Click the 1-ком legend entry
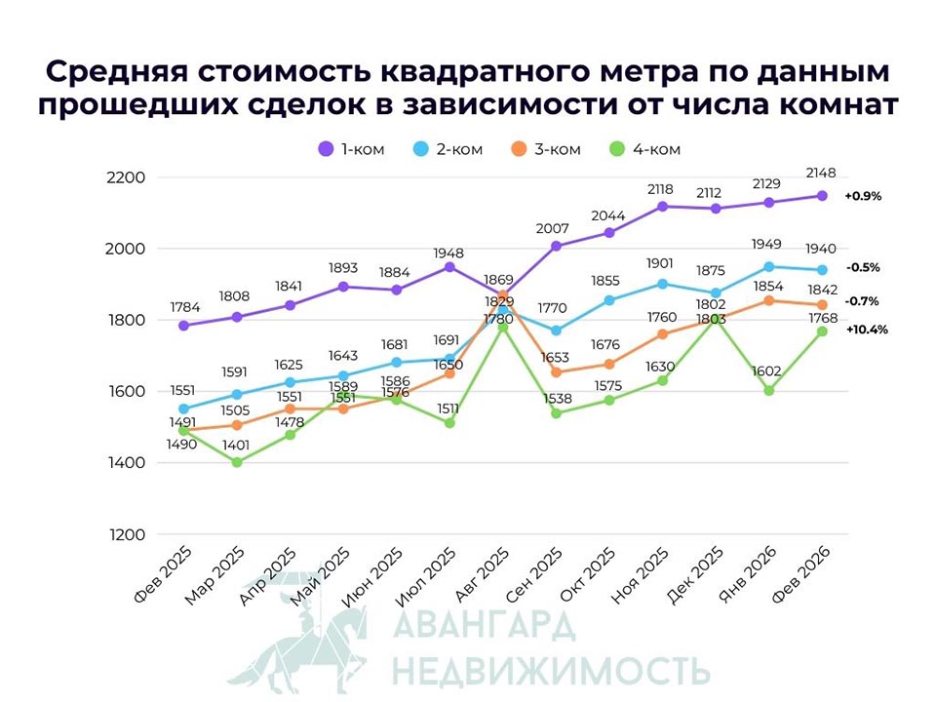[x=353, y=149]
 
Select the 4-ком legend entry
[x=644, y=149]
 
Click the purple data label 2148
[x=822, y=174]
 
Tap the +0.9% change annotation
[x=863, y=196]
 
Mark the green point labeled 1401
[x=237, y=462]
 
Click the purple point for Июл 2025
[x=449, y=267]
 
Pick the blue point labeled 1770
[x=556, y=331]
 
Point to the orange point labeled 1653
[x=556, y=372]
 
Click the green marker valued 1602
[x=768, y=391]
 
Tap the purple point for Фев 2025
[x=184, y=326]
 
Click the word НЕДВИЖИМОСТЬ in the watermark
[x=550, y=671]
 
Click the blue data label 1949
[x=768, y=244]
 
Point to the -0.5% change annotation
[x=863, y=268]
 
